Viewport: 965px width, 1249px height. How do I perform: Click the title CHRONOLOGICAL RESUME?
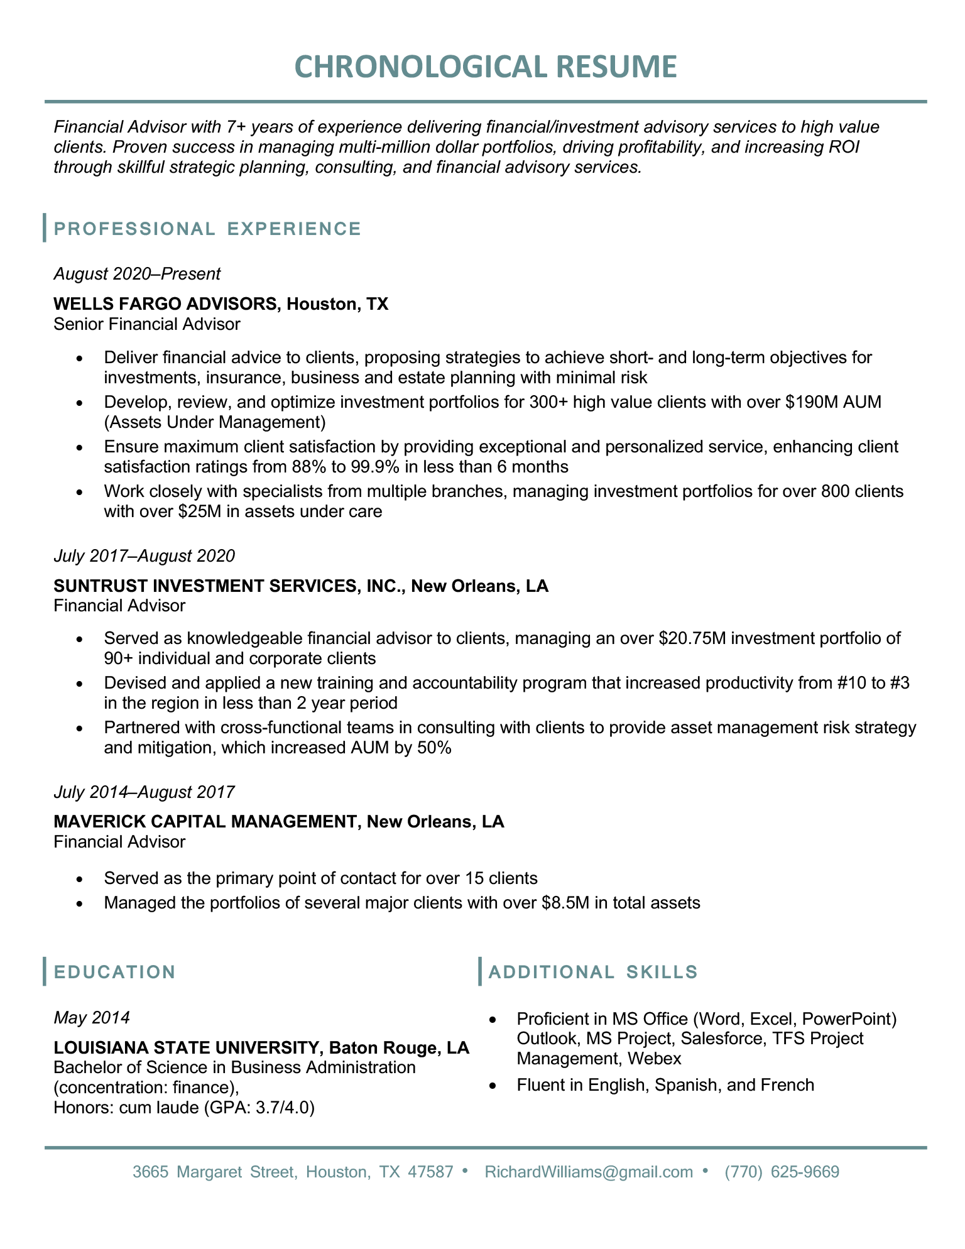coord(486,67)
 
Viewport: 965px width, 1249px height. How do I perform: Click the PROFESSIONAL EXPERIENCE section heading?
coord(207,229)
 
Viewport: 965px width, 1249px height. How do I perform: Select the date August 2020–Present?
coord(137,273)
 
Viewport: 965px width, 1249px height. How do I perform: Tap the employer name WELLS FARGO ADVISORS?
coord(165,304)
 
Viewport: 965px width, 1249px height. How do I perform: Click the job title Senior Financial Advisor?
coord(146,324)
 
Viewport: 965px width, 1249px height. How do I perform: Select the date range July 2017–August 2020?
coord(144,555)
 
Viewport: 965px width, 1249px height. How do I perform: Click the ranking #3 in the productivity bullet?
coord(897,683)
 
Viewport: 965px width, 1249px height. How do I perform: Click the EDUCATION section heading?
coord(115,972)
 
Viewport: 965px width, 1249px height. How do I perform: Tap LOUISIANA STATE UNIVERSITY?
coord(187,1047)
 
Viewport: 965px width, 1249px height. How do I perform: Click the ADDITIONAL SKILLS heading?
coord(592,972)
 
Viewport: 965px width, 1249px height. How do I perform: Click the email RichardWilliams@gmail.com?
coord(589,1172)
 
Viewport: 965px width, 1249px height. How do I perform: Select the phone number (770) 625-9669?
coord(782,1172)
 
